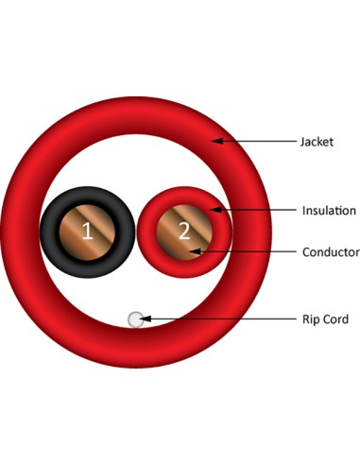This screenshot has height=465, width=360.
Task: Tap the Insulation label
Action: pyautogui.click(x=329, y=210)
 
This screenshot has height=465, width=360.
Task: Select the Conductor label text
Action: pyautogui.click(x=331, y=252)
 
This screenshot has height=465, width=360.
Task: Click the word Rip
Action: pyautogui.click(x=311, y=319)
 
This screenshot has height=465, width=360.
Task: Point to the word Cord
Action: pyautogui.click(x=335, y=319)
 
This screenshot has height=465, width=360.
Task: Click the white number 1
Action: pyautogui.click(x=86, y=232)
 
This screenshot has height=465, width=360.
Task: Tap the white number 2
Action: pyautogui.click(x=184, y=230)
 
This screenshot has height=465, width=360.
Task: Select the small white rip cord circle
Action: pyautogui.click(x=136, y=319)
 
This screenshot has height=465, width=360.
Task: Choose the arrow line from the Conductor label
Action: pyautogui.click(x=246, y=252)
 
